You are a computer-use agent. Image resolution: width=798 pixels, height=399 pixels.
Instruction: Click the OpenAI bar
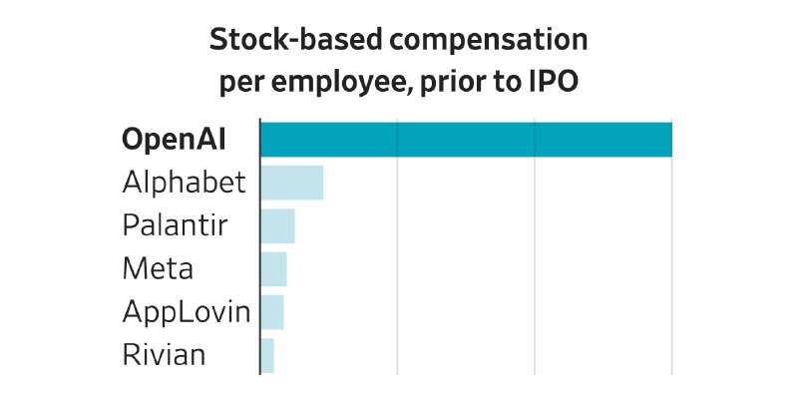(x=466, y=140)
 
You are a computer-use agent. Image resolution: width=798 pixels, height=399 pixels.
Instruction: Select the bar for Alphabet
(x=291, y=183)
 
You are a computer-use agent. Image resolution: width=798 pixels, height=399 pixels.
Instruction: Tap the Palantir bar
(x=277, y=225)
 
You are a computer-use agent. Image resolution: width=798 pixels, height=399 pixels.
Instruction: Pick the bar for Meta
(x=273, y=269)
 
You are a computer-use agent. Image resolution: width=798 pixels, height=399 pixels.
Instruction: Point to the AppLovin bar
(x=272, y=312)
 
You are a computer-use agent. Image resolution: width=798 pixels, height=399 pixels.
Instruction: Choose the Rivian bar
(x=267, y=355)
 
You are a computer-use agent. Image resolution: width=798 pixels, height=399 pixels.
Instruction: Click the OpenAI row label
(x=174, y=140)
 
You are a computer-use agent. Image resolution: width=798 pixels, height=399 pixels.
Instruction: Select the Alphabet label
(x=184, y=183)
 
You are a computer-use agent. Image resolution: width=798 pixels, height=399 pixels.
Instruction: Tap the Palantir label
(x=175, y=225)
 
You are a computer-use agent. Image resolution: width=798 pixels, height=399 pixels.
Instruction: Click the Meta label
(x=158, y=269)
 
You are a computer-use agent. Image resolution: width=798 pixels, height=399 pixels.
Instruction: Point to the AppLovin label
(x=186, y=312)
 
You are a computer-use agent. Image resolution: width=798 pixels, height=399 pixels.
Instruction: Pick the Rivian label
(x=164, y=355)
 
